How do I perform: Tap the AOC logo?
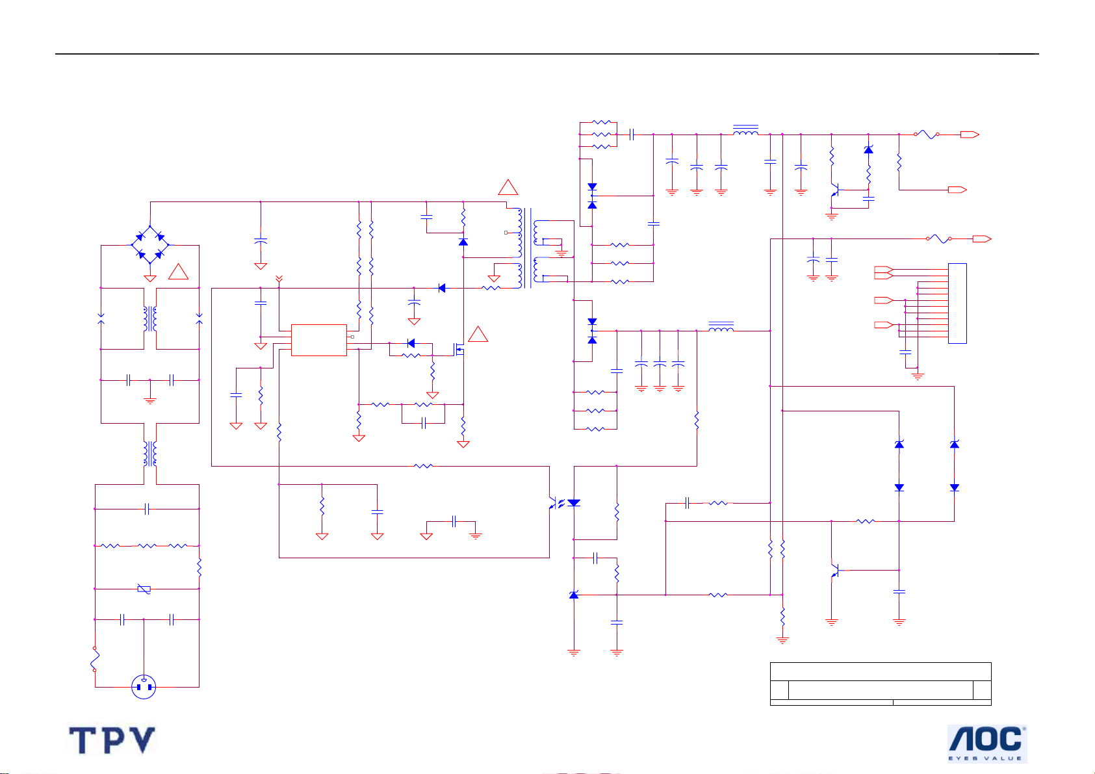pyautogui.click(x=987, y=743)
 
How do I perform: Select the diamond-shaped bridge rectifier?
pyautogui.click(x=150, y=245)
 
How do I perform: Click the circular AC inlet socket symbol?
pyautogui.click(x=144, y=686)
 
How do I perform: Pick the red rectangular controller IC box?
pyautogui.click(x=318, y=340)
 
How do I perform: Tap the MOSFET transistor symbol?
pyautogui.click(x=459, y=349)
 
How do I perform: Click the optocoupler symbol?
pyautogui.click(x=562, y=503)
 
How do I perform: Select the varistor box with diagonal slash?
pyautogui.click(x=144, y=589)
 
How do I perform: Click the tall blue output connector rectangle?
pyautogui.click(x=957, y=303)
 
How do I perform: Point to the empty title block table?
pyautogui.click(x=881, y=684)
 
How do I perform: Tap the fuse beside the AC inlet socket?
pyautogui.click(x=95, y=659)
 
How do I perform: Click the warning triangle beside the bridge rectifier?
pyautogui.click(x=179, y=272)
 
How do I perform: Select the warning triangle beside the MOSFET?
pyautogui.click(x=478, y=334)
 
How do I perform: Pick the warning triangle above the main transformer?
pyautogui.click(x=508, y=187)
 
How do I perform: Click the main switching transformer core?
pyautogui.click(x=528, y=248)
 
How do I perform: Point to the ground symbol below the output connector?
pyautogui.click(x=918, y=376)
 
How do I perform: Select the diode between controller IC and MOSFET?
pyautogui.click(x=411, y=343)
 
